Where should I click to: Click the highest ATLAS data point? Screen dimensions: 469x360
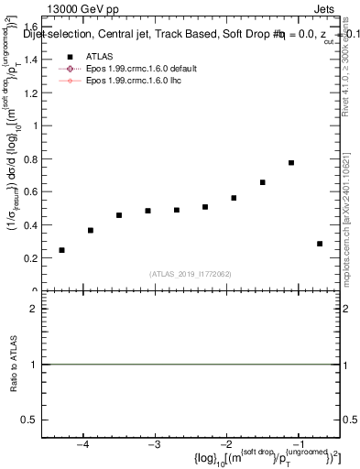(290, 163)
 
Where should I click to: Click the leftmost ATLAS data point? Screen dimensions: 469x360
(61, 250)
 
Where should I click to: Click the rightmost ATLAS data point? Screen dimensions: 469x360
(320, 244)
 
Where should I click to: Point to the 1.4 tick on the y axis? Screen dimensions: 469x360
(31, 60)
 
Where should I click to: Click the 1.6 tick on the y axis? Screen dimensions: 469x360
(31, 27)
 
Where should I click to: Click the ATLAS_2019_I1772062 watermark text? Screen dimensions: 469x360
(191, 274)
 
